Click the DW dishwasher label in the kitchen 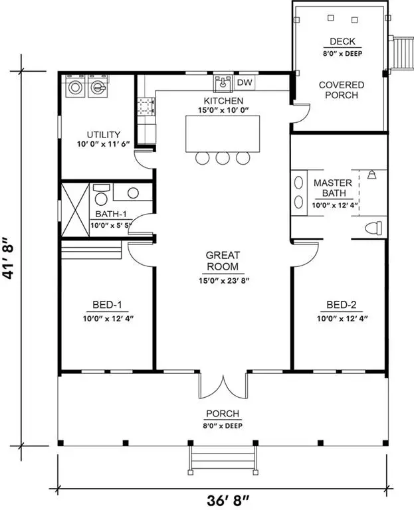pos(245,83)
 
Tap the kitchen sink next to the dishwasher pos(223,84)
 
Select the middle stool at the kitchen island pos(223,157)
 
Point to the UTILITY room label pos(98,133)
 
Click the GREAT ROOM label pos(223,261)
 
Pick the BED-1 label pos(107,305)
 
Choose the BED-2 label pos(341,305)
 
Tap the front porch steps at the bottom pos(223,458)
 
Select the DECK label pos(340,41)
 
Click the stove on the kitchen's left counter pos(146,106)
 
